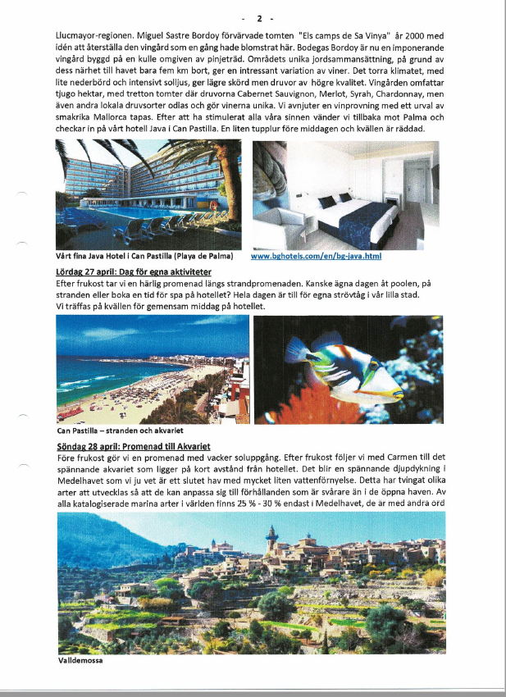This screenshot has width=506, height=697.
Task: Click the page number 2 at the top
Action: coord(259,17)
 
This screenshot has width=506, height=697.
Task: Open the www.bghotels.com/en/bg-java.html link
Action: coord(316,256)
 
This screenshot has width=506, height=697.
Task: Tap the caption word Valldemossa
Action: coord(80,660)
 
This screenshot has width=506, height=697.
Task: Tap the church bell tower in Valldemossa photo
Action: coord(271,540)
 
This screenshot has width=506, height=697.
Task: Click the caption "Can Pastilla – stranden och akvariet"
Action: coord(120,430)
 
